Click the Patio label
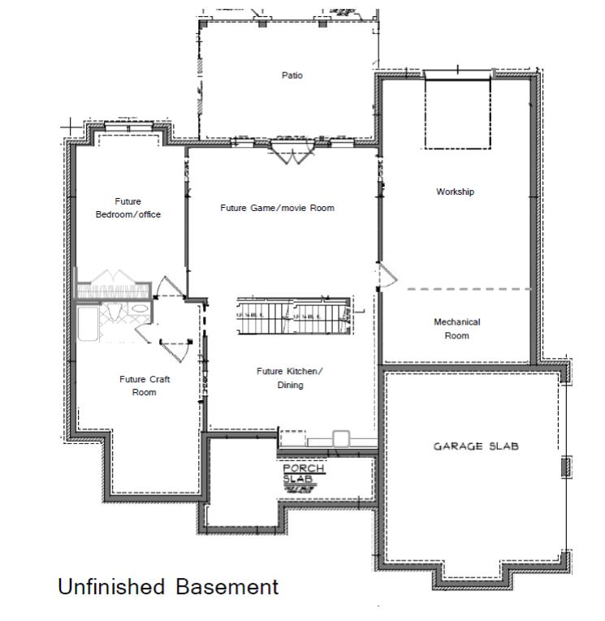coord(292,75)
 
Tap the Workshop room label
coord(455,192)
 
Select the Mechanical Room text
coord(456,329)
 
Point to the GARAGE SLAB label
coord(475,446)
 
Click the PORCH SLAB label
coord(303,474)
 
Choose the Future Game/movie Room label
coord(277,208)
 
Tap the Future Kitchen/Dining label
coord(289,378)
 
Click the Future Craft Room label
coord(145,386)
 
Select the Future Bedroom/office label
coord(128,208)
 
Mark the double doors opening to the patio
coord(290,152)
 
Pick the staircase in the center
coord(292,315)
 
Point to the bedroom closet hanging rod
coord(113,286)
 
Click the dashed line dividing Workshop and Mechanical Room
coord(469,289)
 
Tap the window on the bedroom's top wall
coord(128,127)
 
